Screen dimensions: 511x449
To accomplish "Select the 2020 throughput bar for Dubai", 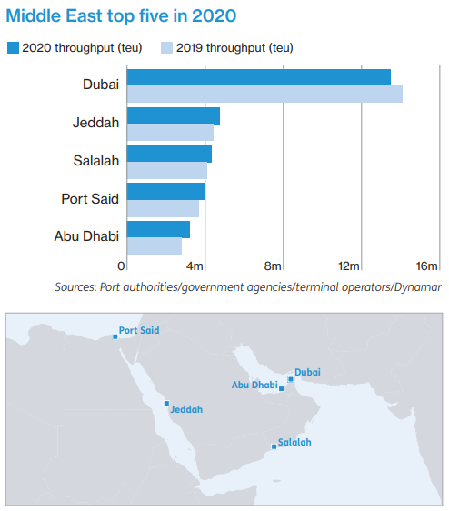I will [x=259, y=77].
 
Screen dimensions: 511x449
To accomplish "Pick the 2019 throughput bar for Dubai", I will [x=264, y=94].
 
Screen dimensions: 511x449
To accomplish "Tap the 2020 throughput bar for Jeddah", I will [x=174, y=115].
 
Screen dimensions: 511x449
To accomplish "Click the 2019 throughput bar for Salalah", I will [x=167, y=170].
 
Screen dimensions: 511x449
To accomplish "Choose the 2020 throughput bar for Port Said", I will [x=166, y=191].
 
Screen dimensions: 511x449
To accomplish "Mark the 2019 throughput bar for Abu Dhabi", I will [x=155, y=245].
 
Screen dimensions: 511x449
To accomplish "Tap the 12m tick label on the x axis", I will [x=350, y=266].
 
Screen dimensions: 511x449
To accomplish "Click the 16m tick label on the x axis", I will [x=427, y=266].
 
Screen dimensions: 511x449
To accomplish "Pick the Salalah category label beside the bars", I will [x=96, y=161].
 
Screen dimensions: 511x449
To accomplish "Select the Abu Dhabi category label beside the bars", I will [x=86, y=236].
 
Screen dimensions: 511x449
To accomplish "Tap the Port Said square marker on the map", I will [x=115, y=336].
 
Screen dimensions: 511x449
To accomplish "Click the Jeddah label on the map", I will [x=186, y=409].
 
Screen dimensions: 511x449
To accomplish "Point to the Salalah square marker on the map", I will [x=274, y=446].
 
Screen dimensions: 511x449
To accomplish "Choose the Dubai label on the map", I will [x=308, y=372].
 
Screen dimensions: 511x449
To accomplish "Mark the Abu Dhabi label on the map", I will [x=254, y=385].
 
